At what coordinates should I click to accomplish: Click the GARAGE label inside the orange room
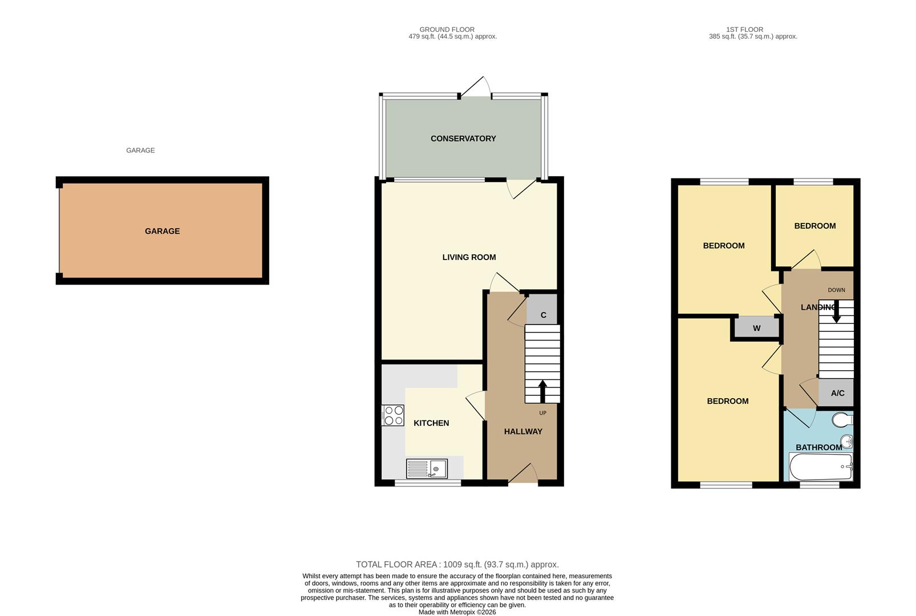point(162,231)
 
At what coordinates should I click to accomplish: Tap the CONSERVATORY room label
point(463,139)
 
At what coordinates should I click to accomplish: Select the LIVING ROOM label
point(469,257)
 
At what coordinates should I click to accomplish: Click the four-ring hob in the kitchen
point(393,415)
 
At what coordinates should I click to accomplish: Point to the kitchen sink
point(427,469)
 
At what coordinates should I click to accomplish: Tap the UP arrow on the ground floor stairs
point(542,392)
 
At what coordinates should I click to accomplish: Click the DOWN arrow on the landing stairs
point(836,313)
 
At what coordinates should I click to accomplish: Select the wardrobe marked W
point(756,328)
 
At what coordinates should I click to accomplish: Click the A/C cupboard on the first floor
point(837,393)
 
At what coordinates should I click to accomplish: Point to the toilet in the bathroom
point(842,421)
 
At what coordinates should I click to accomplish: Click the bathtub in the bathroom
point(820,468)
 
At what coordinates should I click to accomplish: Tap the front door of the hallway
point(523,475)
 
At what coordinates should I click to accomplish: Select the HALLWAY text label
point(523,432)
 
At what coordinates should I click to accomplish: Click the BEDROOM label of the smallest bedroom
point(814,226)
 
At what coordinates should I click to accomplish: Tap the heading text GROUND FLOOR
point(447,29)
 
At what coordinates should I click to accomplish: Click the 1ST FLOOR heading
point(744,29)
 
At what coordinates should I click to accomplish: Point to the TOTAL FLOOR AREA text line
point(457,565)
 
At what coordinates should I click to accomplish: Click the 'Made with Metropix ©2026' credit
point(457,612)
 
